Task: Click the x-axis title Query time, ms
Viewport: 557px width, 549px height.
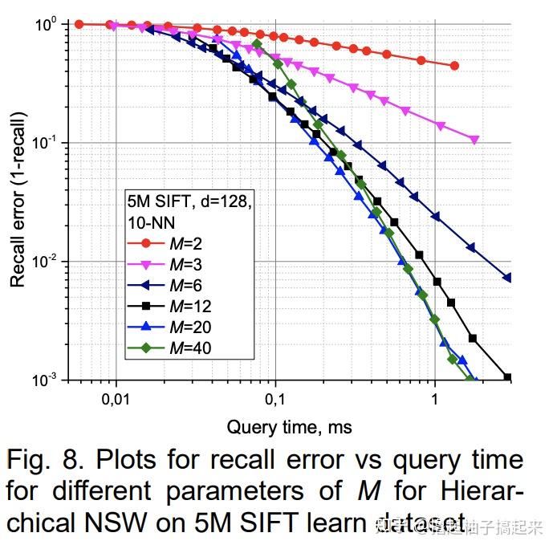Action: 289,427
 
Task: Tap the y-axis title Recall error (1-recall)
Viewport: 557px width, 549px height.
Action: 18,201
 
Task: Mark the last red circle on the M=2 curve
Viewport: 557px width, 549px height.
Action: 455,66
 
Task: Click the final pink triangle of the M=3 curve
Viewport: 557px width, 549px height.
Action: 474,140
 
